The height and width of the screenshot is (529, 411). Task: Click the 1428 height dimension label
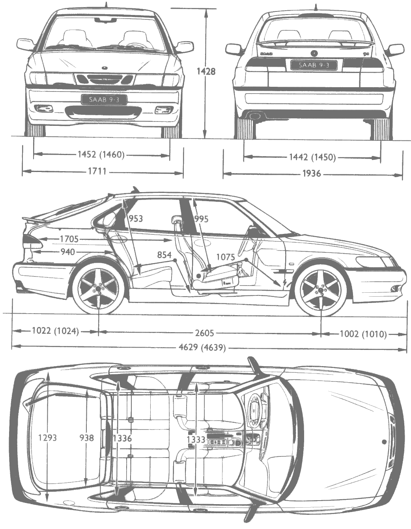point(206,71)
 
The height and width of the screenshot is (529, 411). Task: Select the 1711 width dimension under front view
point(97,171)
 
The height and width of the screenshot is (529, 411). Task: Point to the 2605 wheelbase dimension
point(205,333)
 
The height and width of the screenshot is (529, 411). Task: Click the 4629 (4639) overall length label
point(202,348)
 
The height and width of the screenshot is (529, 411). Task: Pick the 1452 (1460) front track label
point(101,155)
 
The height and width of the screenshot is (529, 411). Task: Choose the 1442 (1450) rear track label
point(312,157)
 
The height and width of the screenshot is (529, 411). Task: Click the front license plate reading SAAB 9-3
point(104,99)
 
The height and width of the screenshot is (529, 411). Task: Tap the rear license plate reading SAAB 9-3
point(314,65)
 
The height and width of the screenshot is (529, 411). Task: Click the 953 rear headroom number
point(136,219)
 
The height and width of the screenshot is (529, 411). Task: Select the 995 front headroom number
point(201,219)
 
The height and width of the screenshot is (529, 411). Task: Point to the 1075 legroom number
point(226,257)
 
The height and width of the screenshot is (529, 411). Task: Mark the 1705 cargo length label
point(69,239)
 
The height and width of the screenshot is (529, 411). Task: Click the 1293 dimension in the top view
point(47,438)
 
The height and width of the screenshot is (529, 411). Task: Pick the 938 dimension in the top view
point(87,438)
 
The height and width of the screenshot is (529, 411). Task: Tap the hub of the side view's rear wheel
point(99,289)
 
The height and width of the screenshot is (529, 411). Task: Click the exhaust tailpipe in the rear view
point(254,116)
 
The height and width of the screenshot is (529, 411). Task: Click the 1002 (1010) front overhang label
point(363,334)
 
